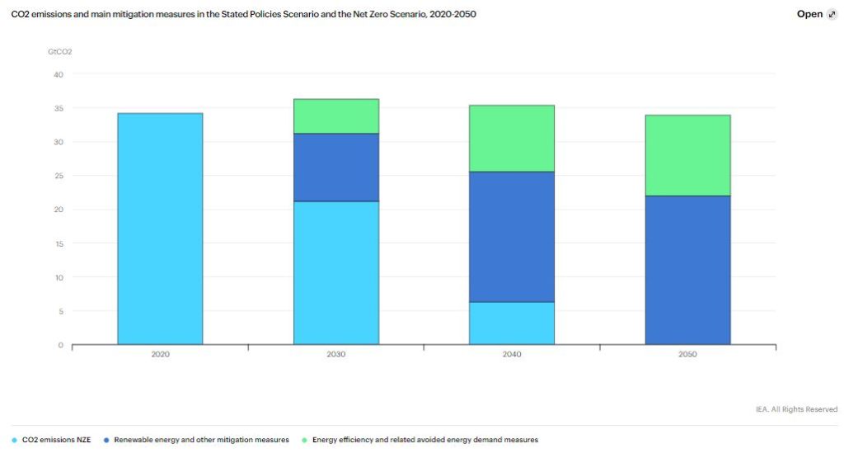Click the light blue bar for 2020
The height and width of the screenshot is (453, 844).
pyautogui.click(x=160, y=229)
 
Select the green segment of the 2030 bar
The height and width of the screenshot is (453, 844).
pyautogui.click(x=336, y=116)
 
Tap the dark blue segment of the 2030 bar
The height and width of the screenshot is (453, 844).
pyautogui.click(x=336, y=168)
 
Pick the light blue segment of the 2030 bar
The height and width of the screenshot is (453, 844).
pyautogui.click(x=336, y=272)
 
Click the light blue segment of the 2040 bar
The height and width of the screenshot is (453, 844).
pyautogui.click(x=512, y=323)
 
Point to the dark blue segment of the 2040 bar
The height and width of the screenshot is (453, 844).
pyautogui.click(x=512, y=237)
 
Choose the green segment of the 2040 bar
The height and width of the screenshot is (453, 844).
pyautogui.click(x=512, y=139)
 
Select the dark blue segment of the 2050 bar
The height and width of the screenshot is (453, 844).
pyautogui.click(x=687, y=270)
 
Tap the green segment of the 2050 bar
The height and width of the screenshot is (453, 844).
pyautogui.click(x=687, y=155)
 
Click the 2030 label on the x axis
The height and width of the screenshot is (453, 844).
pyautogui.click(x=336, y=354)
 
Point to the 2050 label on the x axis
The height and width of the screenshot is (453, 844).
pyautogui.click(x=687, y=354)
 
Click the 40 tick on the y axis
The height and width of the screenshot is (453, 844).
pyautogui.click(x=58, y=74)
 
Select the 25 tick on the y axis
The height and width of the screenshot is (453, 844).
pyautogui.click(x=58, y=176)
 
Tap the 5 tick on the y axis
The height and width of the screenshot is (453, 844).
pyautogui.click(x=59, y=311)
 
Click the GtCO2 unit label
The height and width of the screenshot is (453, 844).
pyautogui.click(x=59, y=52)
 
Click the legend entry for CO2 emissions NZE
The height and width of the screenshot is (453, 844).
pyautogui.click(x=54, y=440)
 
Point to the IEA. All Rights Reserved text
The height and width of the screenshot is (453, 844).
pyautogui.click(x=796, y=409)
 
